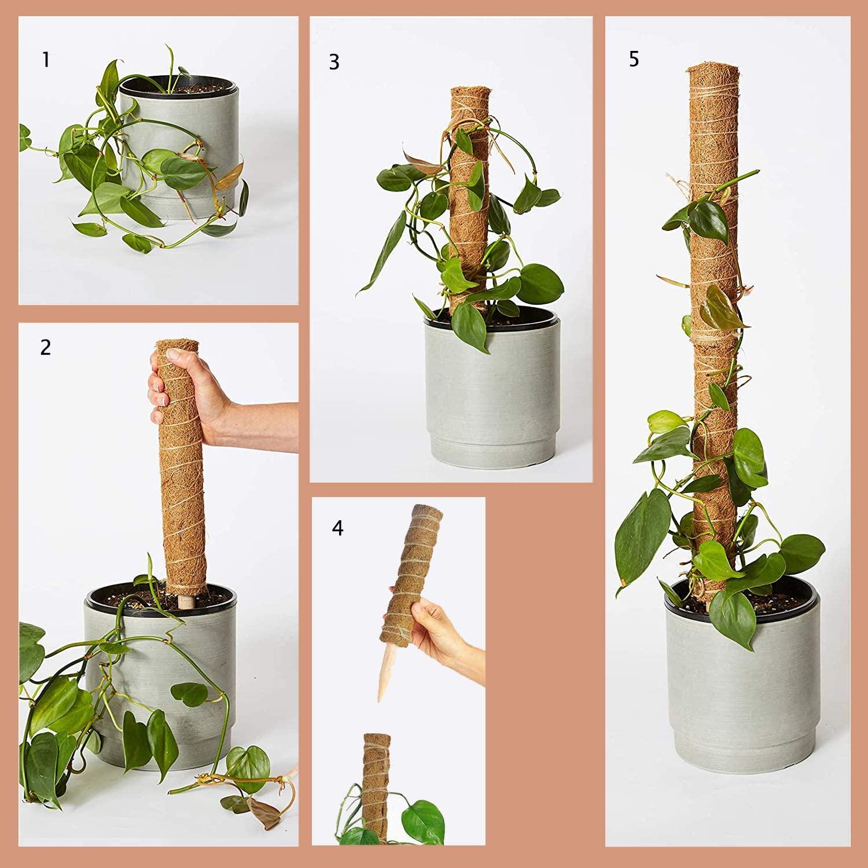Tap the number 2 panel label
click(45, 347)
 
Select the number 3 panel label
click(334, 62)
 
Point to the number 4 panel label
click(337, 528)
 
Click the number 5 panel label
click(634, 59)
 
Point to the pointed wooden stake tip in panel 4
click(382, 694)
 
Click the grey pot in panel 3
click(492, 393)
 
